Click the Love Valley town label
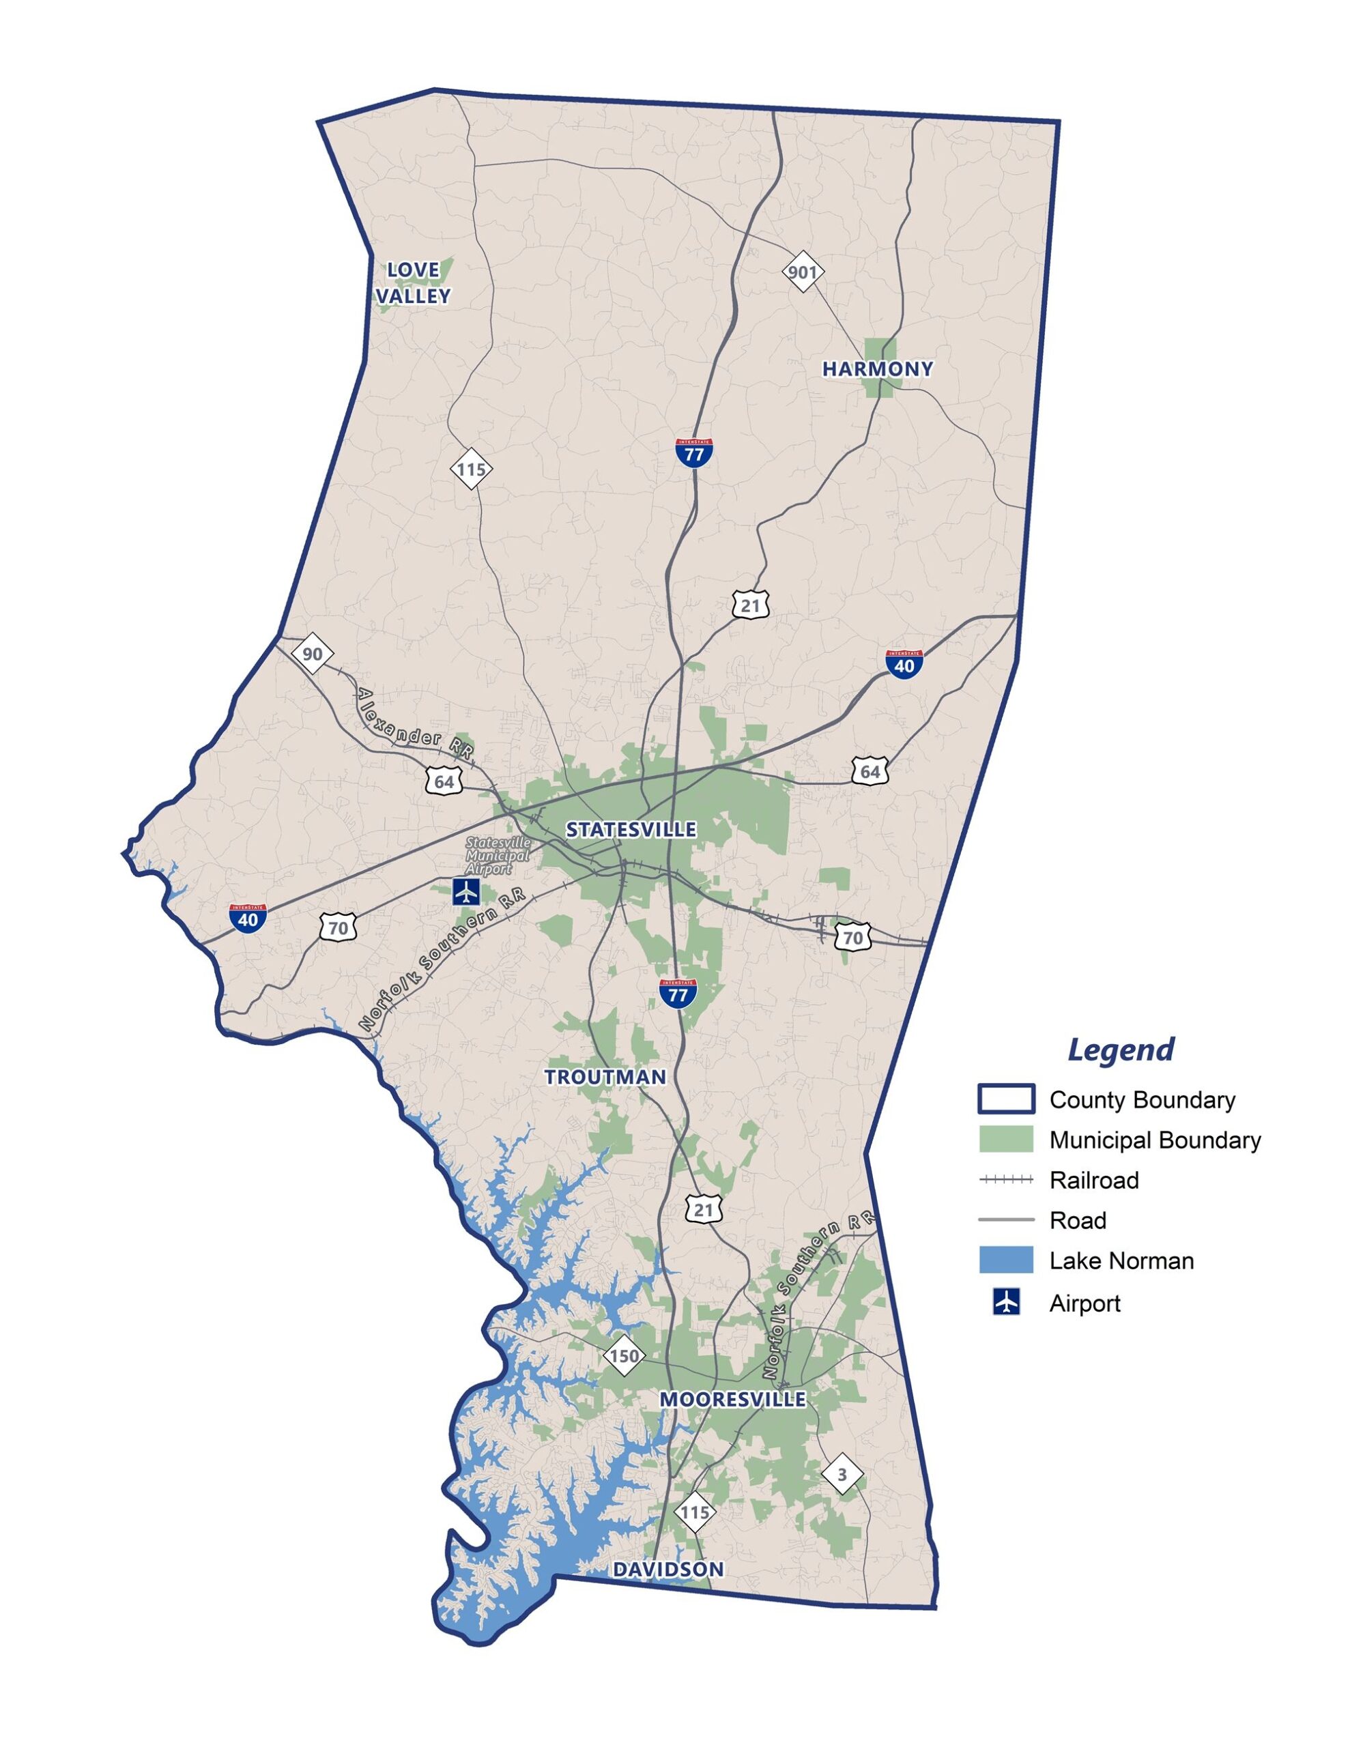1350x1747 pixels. [413, 283]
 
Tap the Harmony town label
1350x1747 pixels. [877, 369]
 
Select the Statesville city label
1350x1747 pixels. [631, 830]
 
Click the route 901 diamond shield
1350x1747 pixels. [802, 272]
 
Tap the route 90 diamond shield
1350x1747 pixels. [312, 654]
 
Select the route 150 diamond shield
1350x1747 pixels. [624, 1356]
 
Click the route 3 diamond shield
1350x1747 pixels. [842, 1473]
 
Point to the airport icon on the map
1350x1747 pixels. [465, 891]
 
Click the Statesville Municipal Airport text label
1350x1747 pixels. [497, 856]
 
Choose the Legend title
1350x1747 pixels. [1120, 1049]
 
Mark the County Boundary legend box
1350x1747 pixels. [1006, 1099]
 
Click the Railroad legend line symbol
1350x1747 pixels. [1006, 1180]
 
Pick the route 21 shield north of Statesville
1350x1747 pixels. [750, 605]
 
